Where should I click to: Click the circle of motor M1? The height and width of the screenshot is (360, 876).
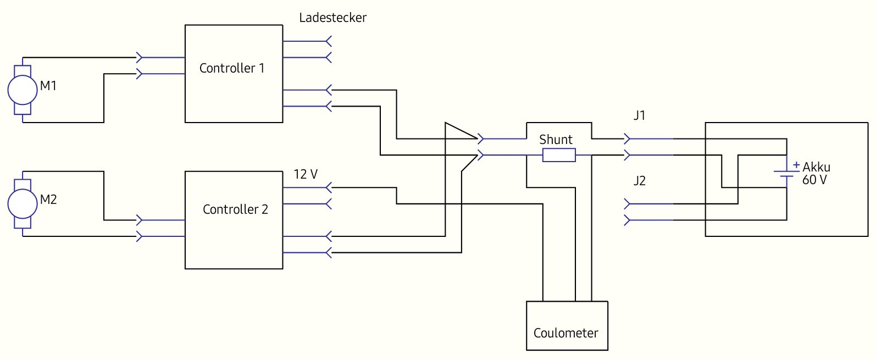pyautogui.click(x=22, y=90)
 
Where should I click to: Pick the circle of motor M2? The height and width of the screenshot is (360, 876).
pyautogui.click(x=22, y=203)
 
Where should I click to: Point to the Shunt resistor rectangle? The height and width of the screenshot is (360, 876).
pyautogui.click(x=559, y=156)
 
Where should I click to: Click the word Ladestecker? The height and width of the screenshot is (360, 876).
pyautogui.click(x=332, y=18)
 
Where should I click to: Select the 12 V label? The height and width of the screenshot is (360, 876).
pyautogui.click(x=306, y=174)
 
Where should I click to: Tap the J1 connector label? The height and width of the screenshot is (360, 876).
pyautogui.click(x=639, y=116)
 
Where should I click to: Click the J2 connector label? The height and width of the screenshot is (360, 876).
pyautogui.click(x=639, y=181)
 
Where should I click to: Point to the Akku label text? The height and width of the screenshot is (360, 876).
pyautogui.click(x=816, y=167)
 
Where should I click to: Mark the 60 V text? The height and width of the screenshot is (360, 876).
pyautogui.click(x=814, y=180)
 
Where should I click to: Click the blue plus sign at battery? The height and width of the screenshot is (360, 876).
pyautogui.click(x=796, y=164)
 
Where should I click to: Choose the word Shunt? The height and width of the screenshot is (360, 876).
pyautogui.click(x=556, y=140)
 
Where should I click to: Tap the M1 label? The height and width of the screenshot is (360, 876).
pyautogui.click(x=48, y=86)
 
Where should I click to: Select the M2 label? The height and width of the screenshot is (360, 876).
pyautogui.click(x=48, y=200)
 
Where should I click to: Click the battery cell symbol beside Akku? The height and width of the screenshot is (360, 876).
pyautogui.click(x=786, y=174)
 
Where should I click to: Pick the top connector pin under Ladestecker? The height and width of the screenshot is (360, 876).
pyautogui.click(x=328, y=41)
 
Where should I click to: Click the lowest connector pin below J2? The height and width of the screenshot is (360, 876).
pyautogui.click(x=628, y=220)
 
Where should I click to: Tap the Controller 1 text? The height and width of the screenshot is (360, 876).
pyautogui.click(x=231, y=68)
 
